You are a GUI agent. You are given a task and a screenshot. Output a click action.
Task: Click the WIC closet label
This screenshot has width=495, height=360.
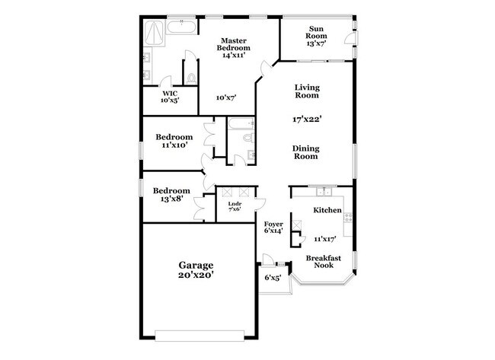point(168,94)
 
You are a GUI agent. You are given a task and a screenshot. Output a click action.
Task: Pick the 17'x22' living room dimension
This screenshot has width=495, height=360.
point(307,118)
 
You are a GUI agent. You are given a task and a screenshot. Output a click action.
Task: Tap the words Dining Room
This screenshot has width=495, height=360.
point(306,152)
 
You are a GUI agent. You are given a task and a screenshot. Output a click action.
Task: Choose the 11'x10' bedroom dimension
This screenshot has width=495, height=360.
point(174,145)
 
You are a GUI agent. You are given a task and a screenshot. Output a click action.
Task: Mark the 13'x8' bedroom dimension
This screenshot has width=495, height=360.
point(171,199)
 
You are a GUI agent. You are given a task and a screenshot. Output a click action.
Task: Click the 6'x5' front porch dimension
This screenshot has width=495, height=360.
point(272,278)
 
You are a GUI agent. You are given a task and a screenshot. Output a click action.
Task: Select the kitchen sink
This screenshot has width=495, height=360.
point(323,191)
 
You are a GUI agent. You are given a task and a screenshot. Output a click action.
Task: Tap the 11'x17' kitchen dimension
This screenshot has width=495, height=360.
point(324,238)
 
